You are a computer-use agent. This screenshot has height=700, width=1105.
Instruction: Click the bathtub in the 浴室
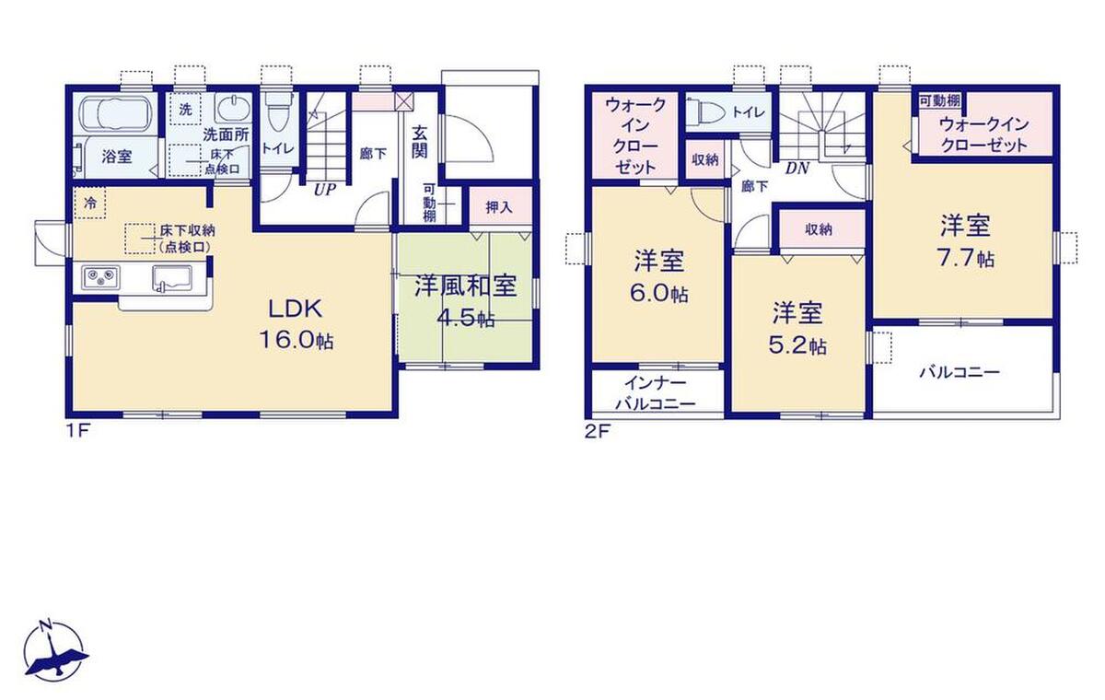click(114, 114)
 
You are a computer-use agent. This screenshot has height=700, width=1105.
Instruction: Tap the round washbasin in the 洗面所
click(232, 108)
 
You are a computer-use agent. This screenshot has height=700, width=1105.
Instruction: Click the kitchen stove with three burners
click(100, 276)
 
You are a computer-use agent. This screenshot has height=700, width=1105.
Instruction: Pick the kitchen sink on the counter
click(171, 278)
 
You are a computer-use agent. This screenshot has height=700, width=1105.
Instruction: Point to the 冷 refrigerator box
click(90, 203)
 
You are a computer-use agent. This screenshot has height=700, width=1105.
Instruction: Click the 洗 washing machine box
click(186, 109)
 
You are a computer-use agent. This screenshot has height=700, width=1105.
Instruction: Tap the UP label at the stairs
click(324, 190)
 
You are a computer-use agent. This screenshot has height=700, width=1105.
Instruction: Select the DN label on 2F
click(797, 169)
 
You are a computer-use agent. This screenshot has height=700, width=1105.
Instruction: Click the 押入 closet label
click(499, 207)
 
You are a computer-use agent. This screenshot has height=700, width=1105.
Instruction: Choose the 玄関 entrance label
click(420, 143)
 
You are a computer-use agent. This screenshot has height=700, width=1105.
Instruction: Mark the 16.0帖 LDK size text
click(297, 340)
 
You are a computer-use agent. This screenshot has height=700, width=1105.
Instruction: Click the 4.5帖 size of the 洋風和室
click(466, 319)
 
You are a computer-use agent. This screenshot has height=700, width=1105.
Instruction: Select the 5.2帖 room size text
click(797, 345)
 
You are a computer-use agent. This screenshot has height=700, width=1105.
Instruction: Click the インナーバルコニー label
click(656, 393)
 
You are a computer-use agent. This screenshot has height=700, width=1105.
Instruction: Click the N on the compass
click(46, 624)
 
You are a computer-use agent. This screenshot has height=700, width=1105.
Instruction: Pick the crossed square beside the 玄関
click(403, 102)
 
